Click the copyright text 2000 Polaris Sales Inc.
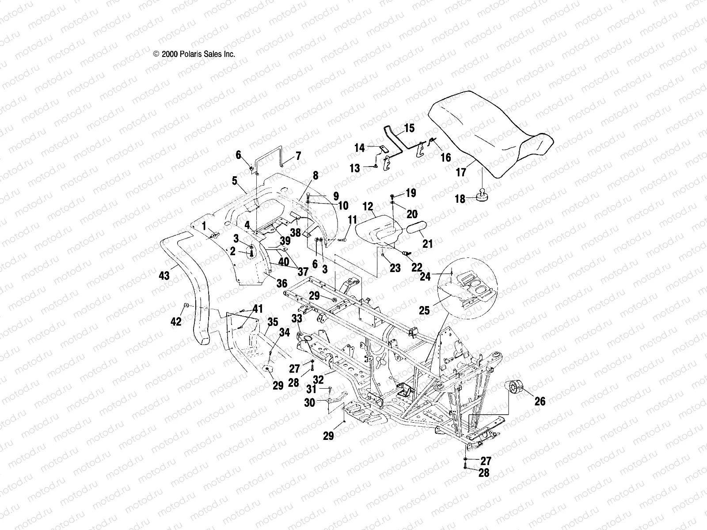click(x=194, y=54)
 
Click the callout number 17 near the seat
click(x=461, y=172)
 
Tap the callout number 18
click(x=460, y=199)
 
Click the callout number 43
click(x=164, y=276)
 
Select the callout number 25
click(x=424, y=310)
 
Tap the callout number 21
click(x=427, y=243)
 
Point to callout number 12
click(x=368, y=206)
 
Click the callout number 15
click(x=409, y=129)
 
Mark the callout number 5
click(x=235, y=180)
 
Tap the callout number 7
click(x=298, y=156)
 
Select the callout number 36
click(x=281, y=283)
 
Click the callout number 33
click(x=297, y=318)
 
